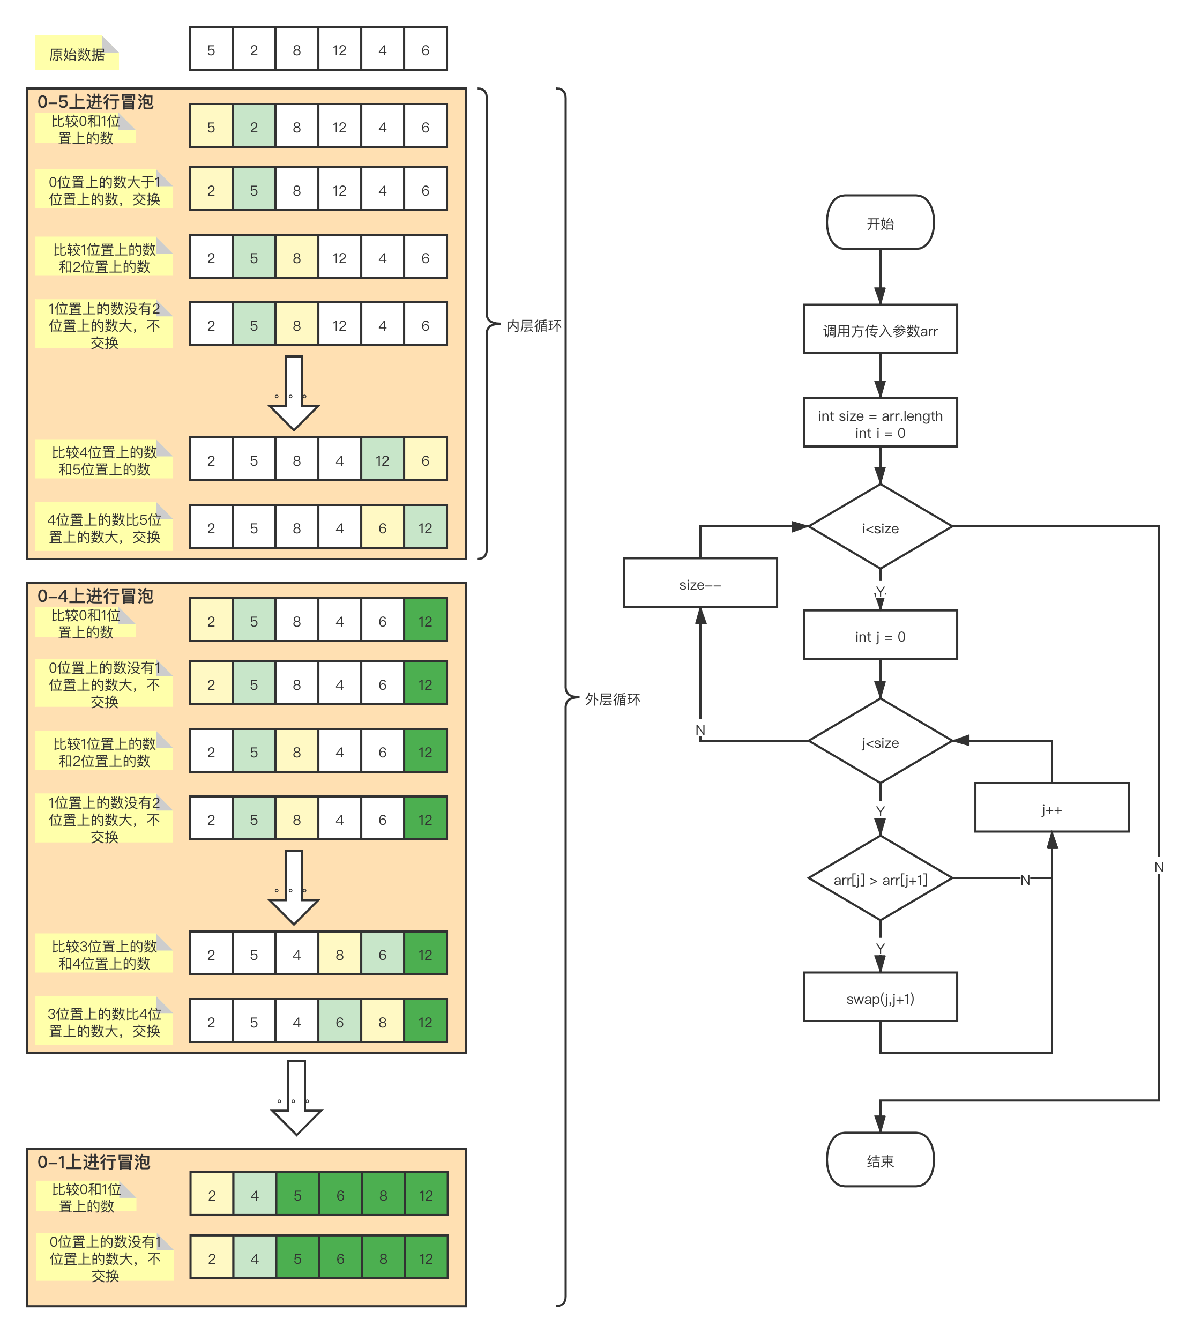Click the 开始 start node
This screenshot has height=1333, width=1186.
click(879, 222)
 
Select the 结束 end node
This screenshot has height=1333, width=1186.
click(879, 1160)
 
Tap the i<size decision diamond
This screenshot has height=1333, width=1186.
click(879, 527)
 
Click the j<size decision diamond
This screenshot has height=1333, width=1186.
click(879, 741)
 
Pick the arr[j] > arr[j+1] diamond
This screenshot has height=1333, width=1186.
click(879, 878)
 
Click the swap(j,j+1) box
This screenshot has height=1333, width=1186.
click(879, 998)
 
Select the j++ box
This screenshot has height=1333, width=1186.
click(1051, 808)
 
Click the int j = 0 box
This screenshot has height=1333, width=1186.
click(879, 635)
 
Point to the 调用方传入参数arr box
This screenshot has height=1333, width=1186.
click(879, 330)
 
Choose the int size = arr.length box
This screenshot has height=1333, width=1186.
click(879, 422)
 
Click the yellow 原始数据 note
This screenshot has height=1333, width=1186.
click(77, 54)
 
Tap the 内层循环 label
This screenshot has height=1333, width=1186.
click(533, 325)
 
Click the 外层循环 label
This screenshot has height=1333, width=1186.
click(611, 699)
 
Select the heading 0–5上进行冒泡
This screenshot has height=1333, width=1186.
click(95, 102)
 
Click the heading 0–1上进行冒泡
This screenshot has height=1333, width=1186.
click(94, 1161)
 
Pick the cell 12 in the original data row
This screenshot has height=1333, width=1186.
click(339, 49)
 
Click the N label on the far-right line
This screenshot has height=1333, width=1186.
click(1159, 866)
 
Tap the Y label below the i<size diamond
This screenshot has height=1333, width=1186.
click(879, 590)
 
